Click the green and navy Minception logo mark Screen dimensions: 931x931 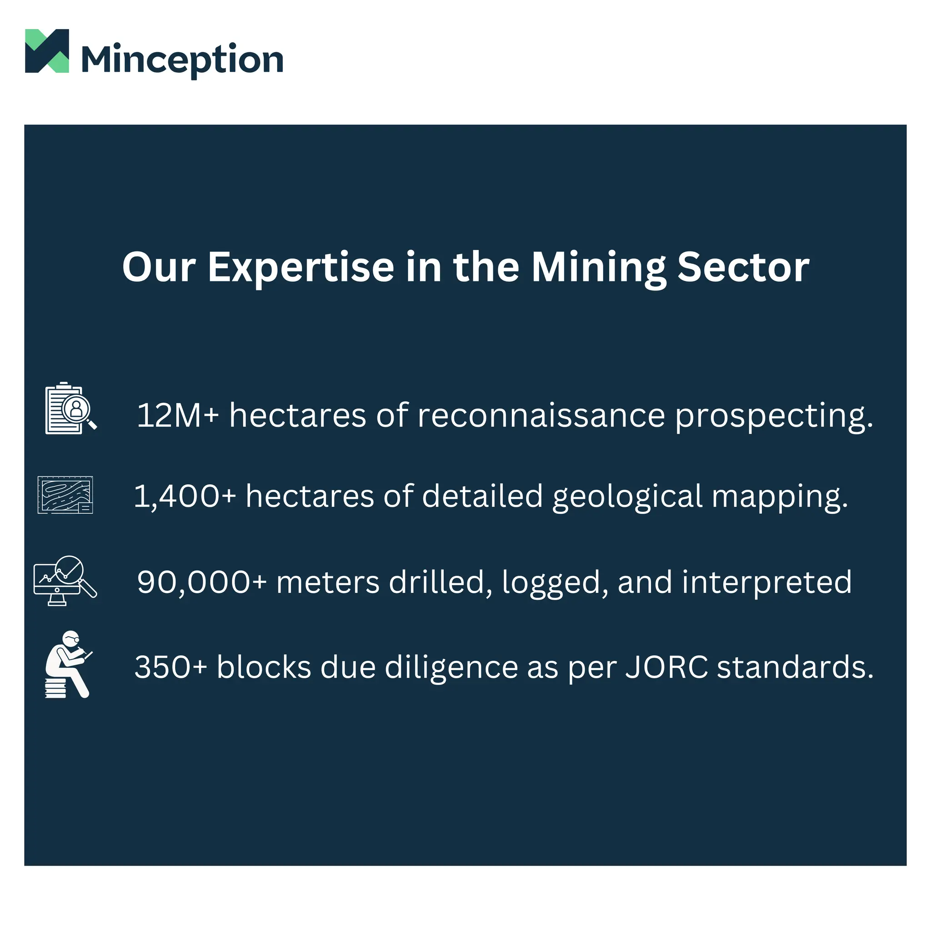(47, 50)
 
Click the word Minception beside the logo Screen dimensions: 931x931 (182, 60)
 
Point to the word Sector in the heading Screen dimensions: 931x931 (743, 267)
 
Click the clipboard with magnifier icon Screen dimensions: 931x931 (70, 409)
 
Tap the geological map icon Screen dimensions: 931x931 (65, 495)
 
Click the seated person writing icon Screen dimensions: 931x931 (68, 664)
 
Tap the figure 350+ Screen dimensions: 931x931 (170, 667)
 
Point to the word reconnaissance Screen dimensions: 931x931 (541, 415)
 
